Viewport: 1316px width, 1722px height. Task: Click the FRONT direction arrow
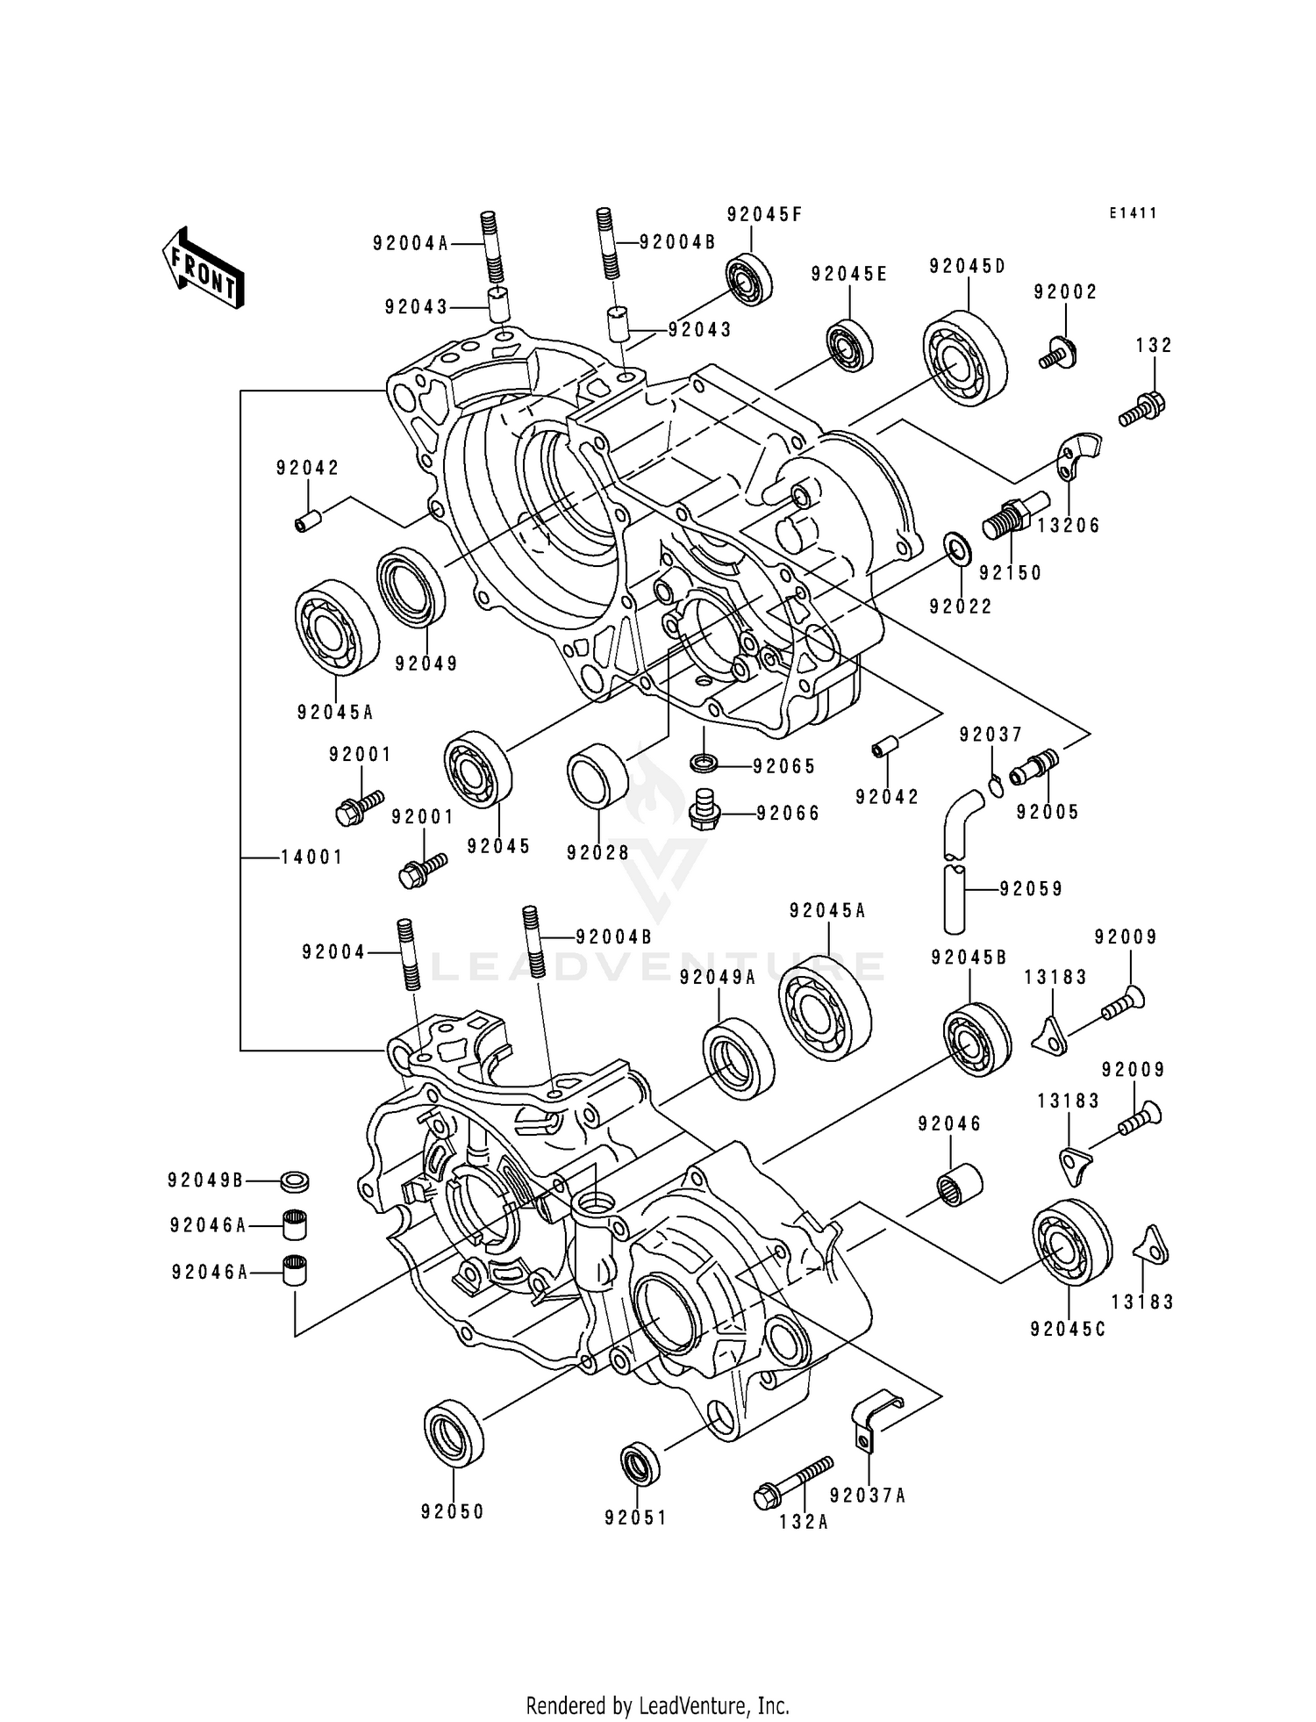point(201,267)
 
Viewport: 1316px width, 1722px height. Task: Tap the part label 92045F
point(764,215)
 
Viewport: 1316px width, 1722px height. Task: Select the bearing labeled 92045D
point(964,358)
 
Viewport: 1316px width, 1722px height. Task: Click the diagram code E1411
point(1133,213)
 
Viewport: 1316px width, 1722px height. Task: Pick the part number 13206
point(1068,526)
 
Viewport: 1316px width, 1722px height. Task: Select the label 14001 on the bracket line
point(312,857)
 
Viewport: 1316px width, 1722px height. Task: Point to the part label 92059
point(1031,889)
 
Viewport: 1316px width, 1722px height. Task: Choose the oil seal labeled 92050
point(454,1431)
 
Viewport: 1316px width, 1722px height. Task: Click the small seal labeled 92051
point(640,1463)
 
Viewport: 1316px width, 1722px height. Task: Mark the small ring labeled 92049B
point(295,1181)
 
